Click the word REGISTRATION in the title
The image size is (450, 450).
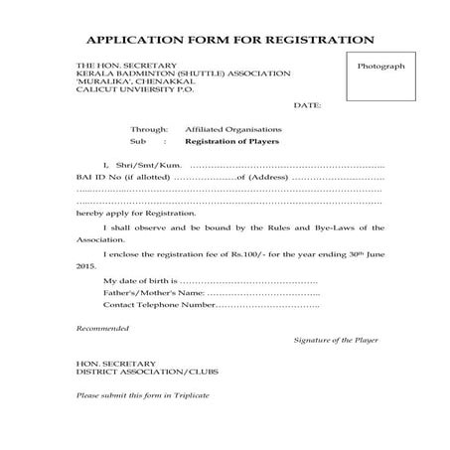pos(315,41)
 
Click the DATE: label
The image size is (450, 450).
pos(307,104)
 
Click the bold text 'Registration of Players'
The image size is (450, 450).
pos(231,142)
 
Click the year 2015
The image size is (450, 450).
pos(86,266)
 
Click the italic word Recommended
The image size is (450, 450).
pos(102,328)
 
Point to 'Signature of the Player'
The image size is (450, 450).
pos(336,340)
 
